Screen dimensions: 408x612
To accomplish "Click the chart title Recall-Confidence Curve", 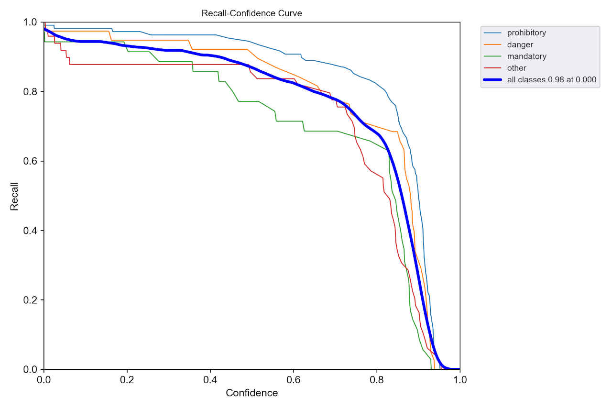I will [251, 13].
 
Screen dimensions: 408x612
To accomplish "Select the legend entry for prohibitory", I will [526, 33].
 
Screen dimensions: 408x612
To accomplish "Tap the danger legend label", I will [520, 44].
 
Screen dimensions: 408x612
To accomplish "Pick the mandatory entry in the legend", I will [526, 56].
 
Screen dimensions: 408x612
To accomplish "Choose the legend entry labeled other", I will [516, 68].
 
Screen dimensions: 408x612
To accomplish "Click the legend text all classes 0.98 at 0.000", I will [551, 80].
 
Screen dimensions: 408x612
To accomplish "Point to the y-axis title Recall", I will [14, 196].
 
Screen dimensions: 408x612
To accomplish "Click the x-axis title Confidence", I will [251, 393].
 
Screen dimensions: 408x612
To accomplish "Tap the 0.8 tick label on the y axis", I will [31, 92].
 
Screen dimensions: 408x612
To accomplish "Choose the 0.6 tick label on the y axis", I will [31, 161].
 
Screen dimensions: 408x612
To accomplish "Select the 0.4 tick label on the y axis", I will [31, 231].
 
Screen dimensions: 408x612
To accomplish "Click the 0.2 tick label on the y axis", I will [31, 300].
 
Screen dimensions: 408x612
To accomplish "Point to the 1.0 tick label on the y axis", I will [31, 22].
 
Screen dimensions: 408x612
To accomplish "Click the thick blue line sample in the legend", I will [493, 80].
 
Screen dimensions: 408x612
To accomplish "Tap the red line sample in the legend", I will [493, 68].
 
